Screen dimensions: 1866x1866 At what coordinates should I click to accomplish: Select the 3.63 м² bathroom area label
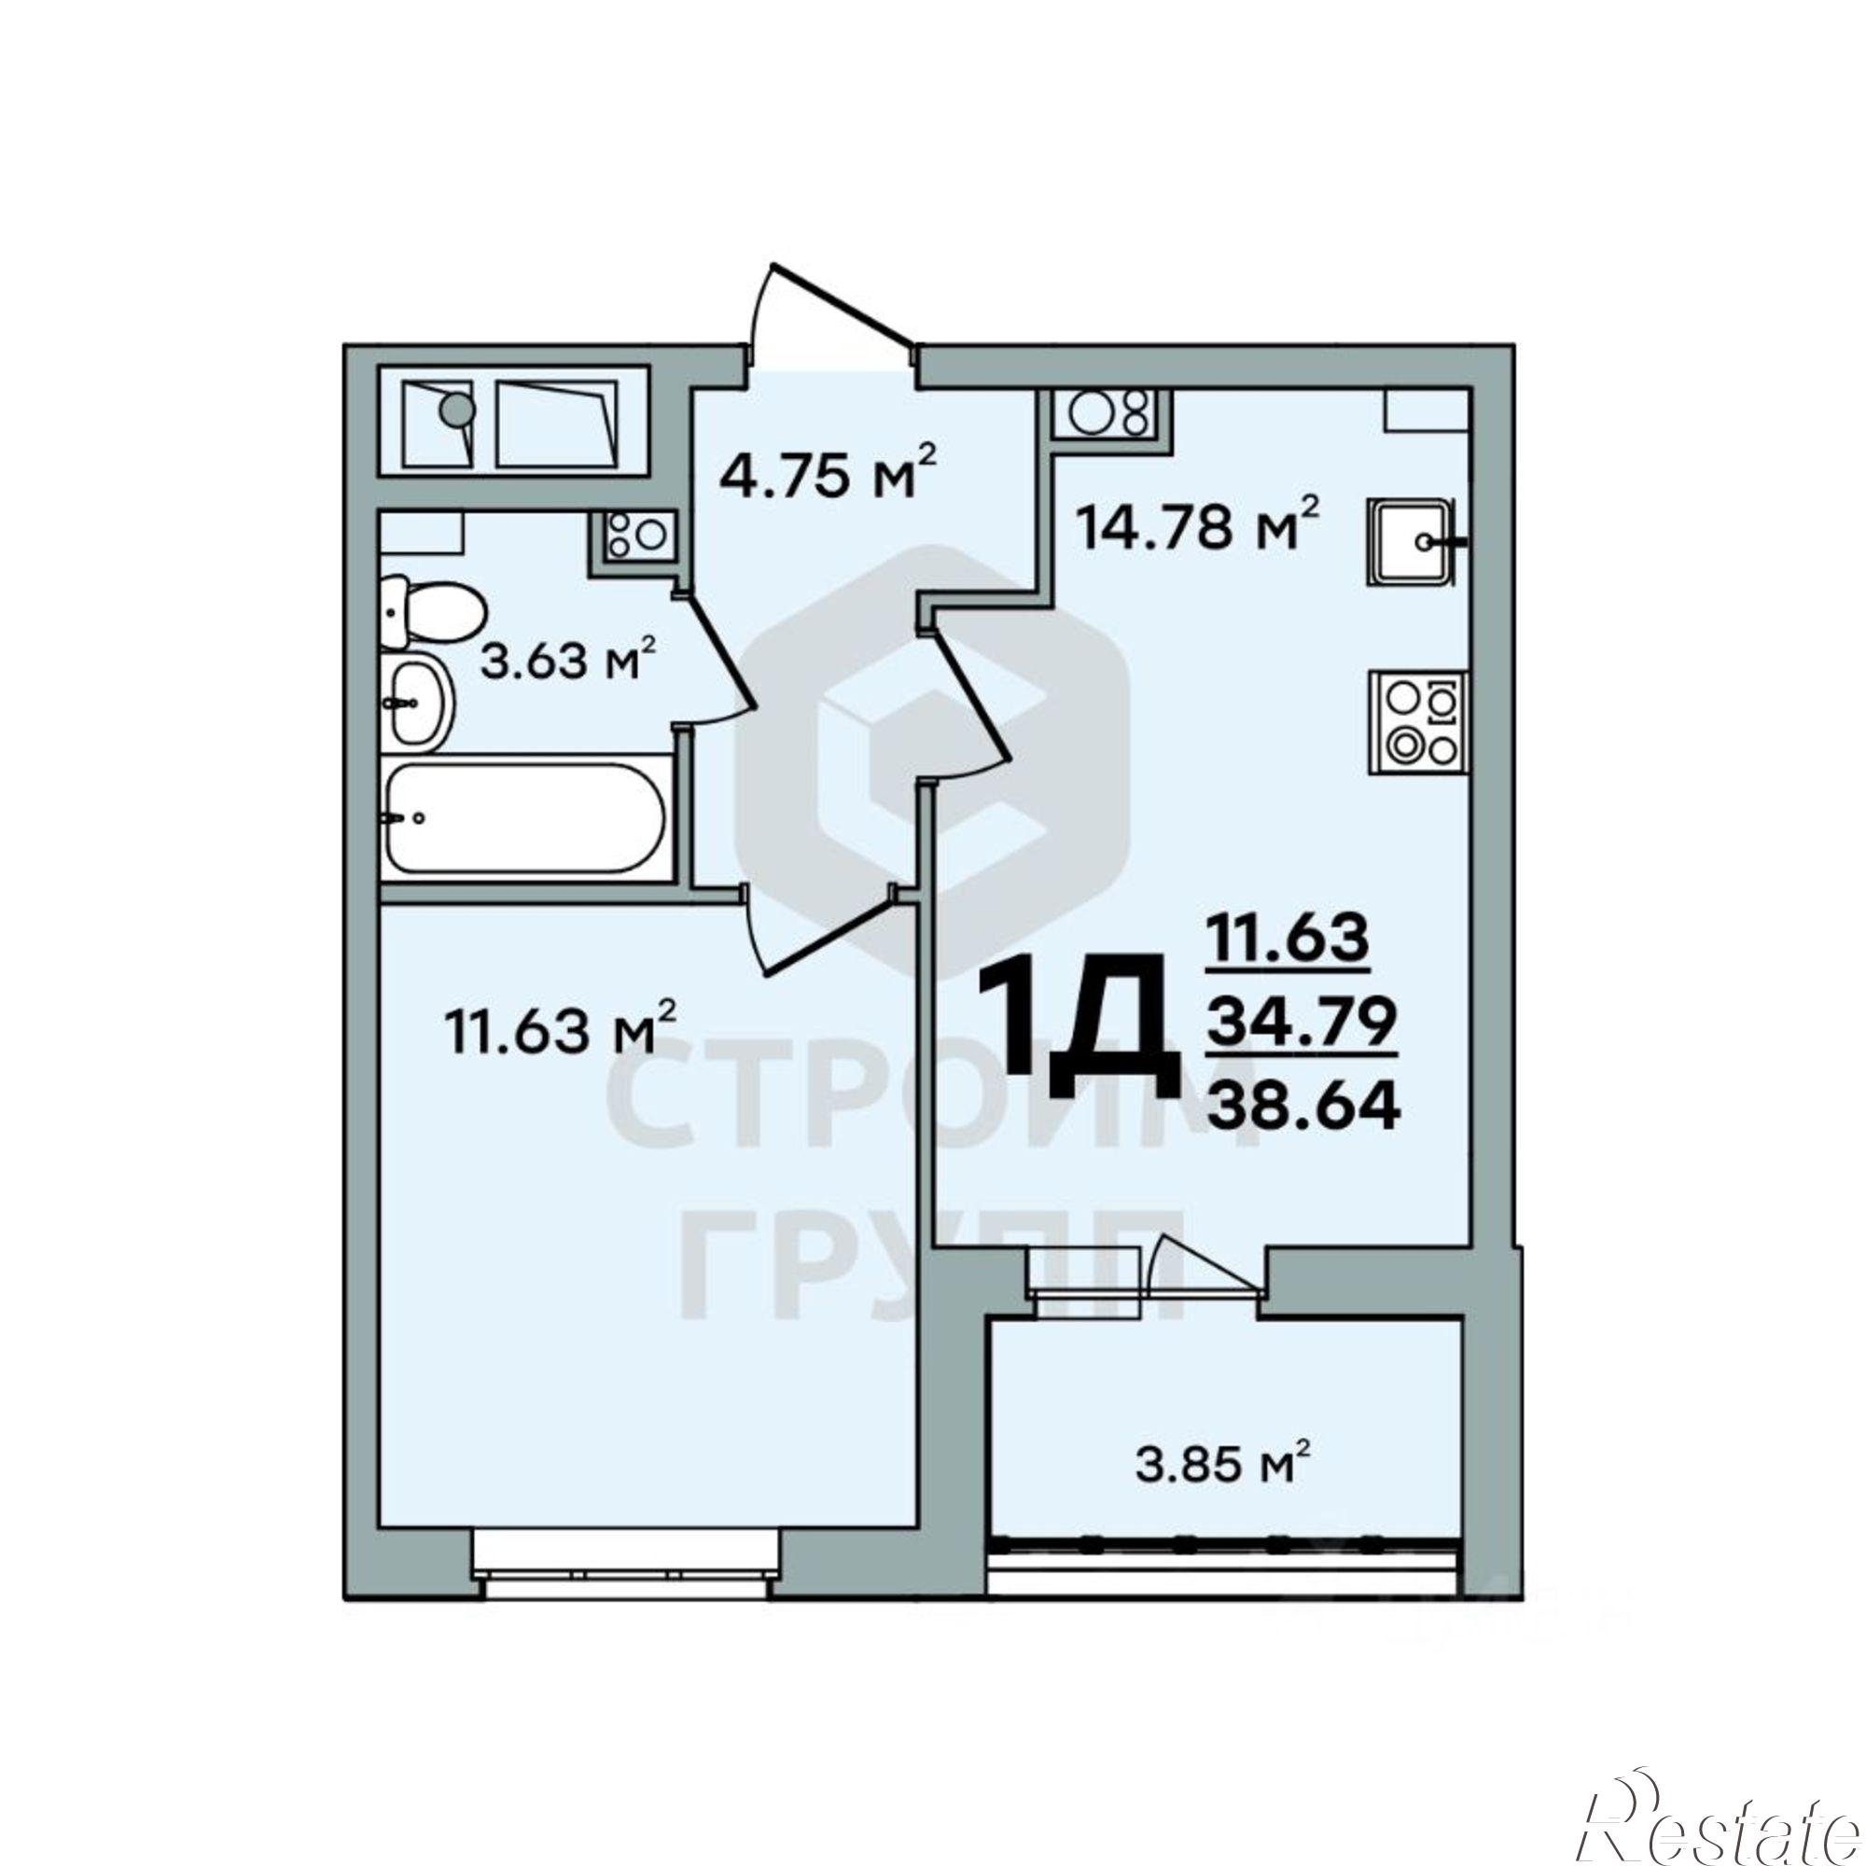569,662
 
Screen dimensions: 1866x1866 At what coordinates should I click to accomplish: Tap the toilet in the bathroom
429,612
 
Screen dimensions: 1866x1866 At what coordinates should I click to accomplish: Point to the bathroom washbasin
418,702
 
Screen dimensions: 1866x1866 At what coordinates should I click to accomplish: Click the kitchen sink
1413,543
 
